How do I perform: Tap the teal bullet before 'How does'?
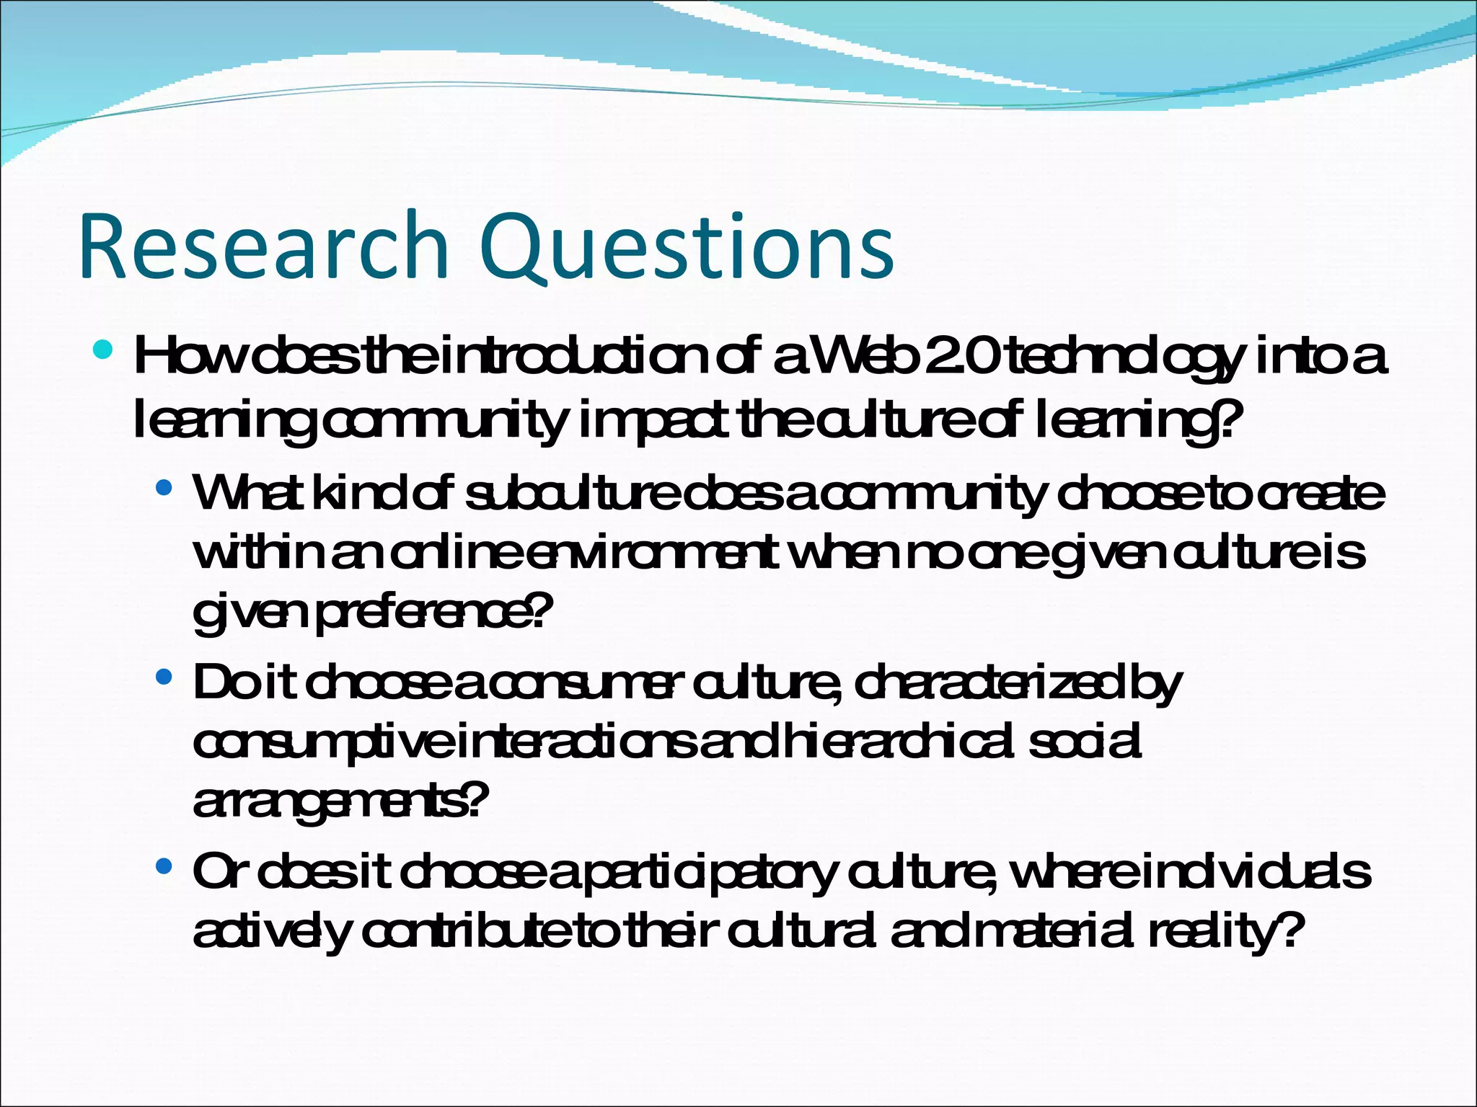point(104,351)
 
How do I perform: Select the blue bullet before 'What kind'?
point(164,488)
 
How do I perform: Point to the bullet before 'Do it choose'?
point(164,677)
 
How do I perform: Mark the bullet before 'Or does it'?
point(164,866)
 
